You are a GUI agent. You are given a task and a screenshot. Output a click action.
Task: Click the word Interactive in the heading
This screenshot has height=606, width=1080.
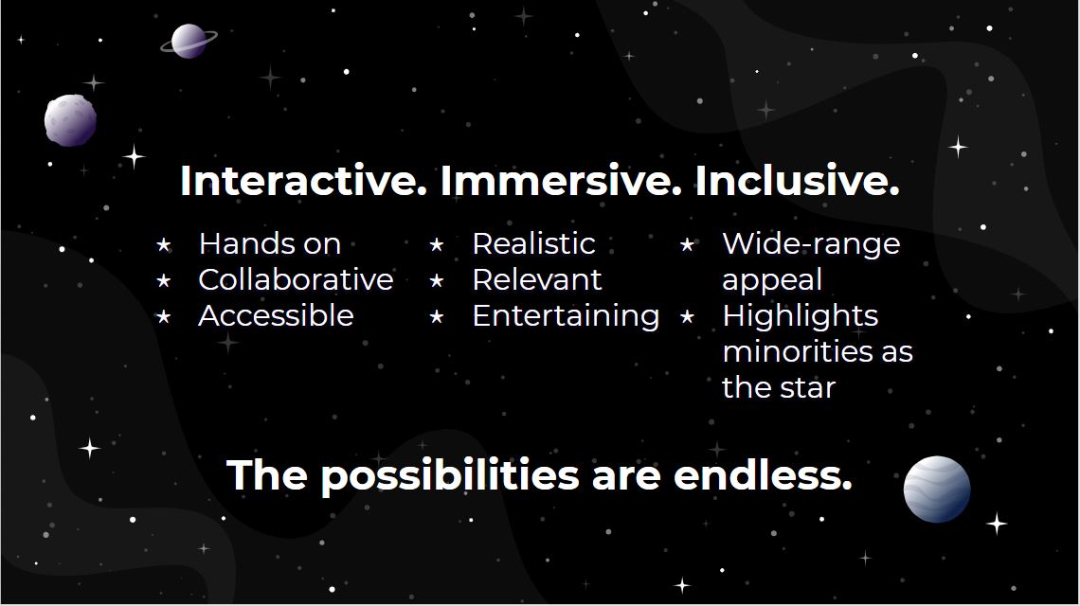tap(304, 181)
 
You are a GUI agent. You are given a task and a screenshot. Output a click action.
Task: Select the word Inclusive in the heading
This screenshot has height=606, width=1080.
tap(797, 181)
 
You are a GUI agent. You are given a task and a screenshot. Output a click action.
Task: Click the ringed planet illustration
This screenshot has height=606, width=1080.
tap(189, 41)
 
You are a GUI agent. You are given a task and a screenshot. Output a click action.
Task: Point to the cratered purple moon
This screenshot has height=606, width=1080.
tap(70, 120)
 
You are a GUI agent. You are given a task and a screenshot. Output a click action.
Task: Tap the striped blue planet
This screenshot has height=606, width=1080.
tap(937, 489)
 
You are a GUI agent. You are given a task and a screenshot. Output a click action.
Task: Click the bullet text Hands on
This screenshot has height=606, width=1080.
tap(270, 243)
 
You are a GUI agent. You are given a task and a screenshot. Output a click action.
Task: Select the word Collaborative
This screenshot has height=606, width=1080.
tap(297, 279)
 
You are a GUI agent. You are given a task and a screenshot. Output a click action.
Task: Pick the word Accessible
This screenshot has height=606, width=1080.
tap(277, 315)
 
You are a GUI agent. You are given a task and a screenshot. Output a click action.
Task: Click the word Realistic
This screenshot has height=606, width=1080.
tap(533, 243)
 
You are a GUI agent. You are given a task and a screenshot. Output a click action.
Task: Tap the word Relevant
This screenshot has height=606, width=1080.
tap(537, 279)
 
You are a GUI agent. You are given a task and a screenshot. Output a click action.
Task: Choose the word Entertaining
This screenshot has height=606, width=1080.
tap(567, 316)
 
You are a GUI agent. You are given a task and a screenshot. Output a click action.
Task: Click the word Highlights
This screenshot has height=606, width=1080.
tap(801, 316)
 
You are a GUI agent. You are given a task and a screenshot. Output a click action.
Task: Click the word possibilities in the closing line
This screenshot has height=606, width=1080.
tap(450, 476)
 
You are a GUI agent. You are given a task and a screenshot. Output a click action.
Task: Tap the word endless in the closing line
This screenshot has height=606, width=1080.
tap(764, 475)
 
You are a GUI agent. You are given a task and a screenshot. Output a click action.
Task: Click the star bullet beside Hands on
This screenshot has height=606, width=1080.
tap(164, 244)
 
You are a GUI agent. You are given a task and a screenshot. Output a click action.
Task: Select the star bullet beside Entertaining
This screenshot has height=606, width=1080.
tap(437, 317)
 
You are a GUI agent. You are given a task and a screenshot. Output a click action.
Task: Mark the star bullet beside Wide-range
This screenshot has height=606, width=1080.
tap(687, 244)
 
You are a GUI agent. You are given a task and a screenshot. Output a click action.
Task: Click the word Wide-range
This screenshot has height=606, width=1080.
tap(811, 244)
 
